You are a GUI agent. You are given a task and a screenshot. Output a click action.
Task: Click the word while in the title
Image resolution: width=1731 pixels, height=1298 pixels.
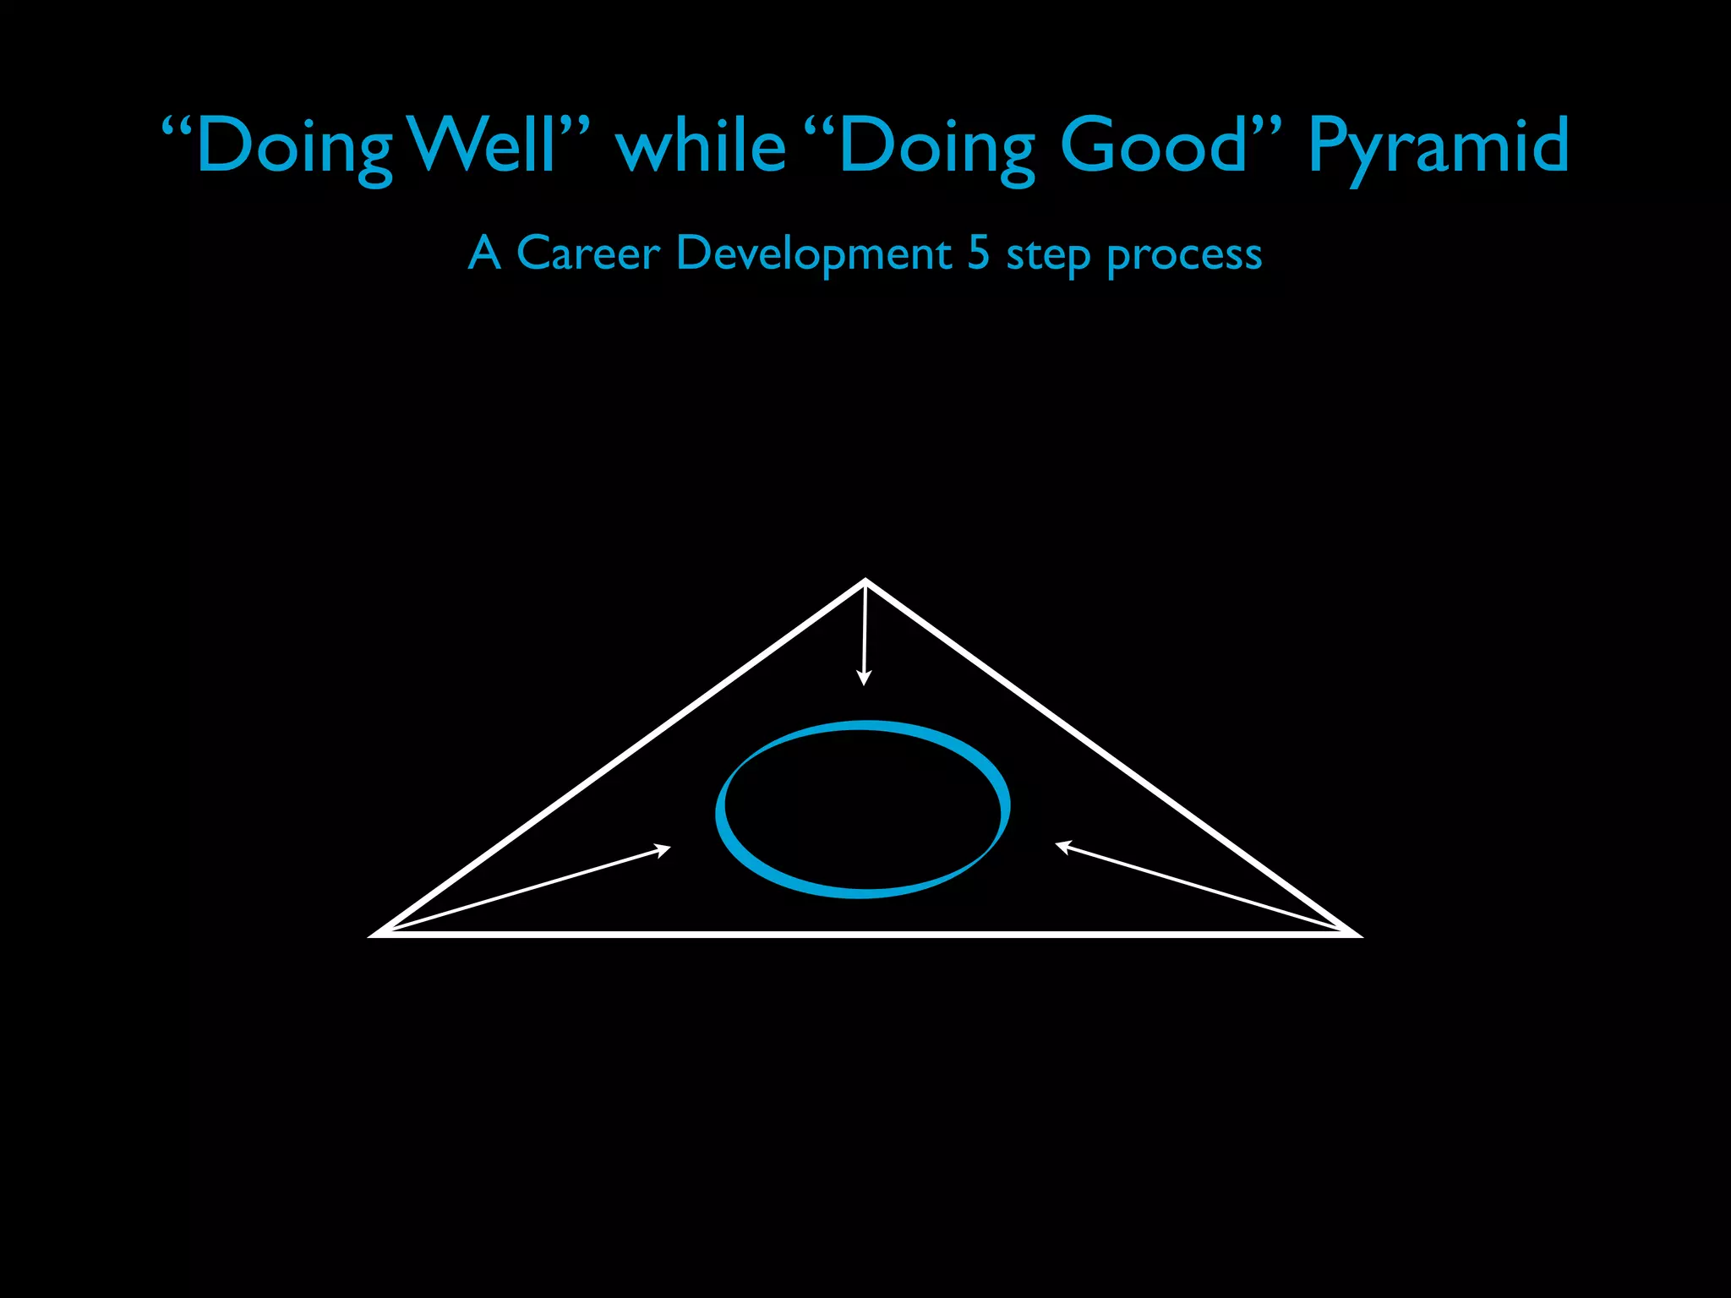[x=702, y=145]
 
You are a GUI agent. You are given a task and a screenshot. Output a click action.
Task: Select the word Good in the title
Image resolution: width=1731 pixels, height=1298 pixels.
[x=1154, y=145]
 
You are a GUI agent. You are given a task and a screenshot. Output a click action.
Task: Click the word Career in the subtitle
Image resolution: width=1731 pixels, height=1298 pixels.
[x=587, y=253]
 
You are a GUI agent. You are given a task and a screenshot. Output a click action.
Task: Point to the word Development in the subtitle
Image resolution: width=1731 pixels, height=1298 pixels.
[x=814, y=254]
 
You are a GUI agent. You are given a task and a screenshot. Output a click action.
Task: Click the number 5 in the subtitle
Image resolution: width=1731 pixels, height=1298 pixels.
[x=978, y=253]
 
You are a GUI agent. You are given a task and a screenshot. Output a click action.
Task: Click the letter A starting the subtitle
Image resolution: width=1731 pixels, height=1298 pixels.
[x=484, y=253]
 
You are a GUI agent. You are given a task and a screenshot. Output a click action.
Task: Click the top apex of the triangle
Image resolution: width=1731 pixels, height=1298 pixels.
[x=865, y=581]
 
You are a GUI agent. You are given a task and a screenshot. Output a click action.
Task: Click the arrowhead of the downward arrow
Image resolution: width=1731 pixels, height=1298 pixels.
[x=863, y=678]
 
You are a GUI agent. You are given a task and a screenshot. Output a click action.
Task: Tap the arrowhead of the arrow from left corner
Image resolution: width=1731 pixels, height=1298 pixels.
[x=663, y=848]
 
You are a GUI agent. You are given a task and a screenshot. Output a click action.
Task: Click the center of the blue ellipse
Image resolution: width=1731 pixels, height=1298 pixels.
[x=863, y=809]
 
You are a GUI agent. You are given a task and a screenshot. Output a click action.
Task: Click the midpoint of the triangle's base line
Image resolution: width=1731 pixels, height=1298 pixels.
[x=865, y=934]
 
